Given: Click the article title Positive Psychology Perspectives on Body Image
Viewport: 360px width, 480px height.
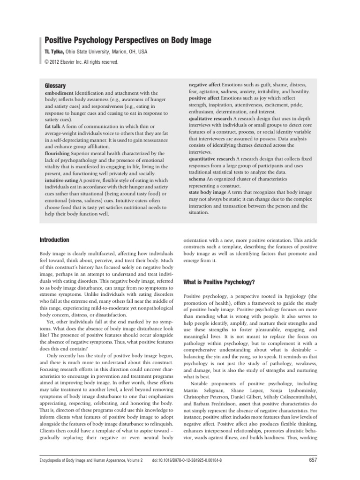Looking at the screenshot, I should pyautogui.click(x=127, y=41).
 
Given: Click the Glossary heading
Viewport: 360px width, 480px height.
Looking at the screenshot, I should pyautogui.click(x=55, y=86).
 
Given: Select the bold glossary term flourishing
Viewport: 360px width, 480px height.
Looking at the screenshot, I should pyautogui.click(x=58, y=153).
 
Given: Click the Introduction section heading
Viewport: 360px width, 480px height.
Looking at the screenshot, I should pyautogui.click(x=54, y=240).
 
